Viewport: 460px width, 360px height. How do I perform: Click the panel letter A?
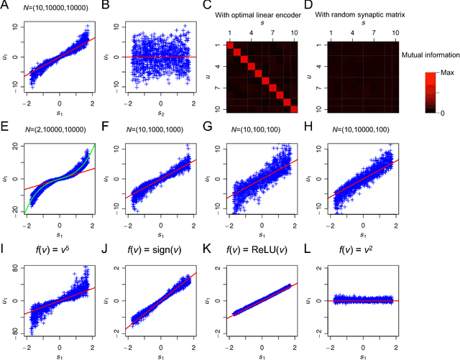coord(5,6)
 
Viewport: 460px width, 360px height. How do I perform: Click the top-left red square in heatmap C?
coord(231,46)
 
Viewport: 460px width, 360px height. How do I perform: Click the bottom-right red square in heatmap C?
coord(293,108)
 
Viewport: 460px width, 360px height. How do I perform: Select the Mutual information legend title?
coord(429,55)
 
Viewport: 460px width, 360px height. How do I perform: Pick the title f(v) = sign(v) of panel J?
coord(173,254)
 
